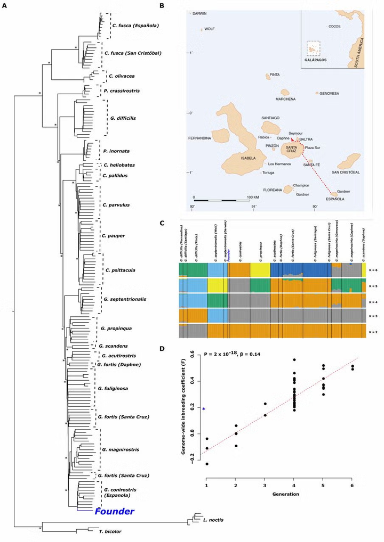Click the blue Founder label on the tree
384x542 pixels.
point(114,512)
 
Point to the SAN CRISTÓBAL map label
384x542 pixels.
point(346,173)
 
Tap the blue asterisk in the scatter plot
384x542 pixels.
point(203,409)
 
